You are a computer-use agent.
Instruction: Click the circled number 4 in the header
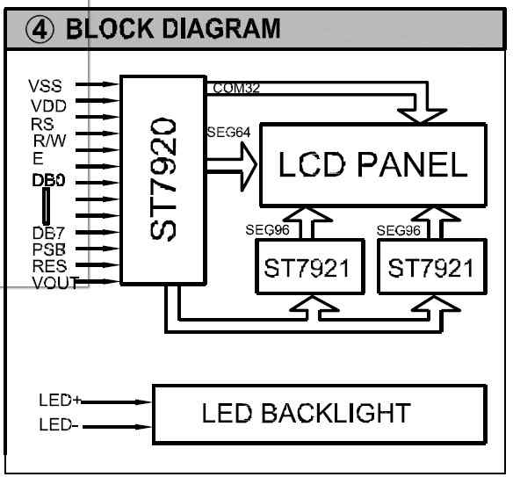point(40,30)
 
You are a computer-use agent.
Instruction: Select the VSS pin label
point(45,86)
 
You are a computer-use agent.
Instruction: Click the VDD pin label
point(48,106)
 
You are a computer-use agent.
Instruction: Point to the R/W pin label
point(50,141)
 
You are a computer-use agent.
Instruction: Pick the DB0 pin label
point(48,180)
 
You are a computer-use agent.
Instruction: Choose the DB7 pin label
point(48,234)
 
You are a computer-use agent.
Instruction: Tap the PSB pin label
point(48,249)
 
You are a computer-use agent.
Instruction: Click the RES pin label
point(49,266)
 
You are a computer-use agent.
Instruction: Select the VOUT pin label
point(55,283)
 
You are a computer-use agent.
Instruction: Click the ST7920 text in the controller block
point(163,179)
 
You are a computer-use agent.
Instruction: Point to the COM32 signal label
point(236,88)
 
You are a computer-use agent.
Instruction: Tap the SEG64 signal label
point(228,132)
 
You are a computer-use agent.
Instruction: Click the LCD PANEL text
point(373,164)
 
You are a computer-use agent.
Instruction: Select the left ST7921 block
point(310,267)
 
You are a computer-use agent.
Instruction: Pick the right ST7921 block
point(432,267)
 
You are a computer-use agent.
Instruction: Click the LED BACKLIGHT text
point(307,413)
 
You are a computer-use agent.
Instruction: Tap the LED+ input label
point(60,400)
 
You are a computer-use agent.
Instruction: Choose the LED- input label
point(59,424)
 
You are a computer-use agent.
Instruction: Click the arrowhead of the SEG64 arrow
point(249,166)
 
